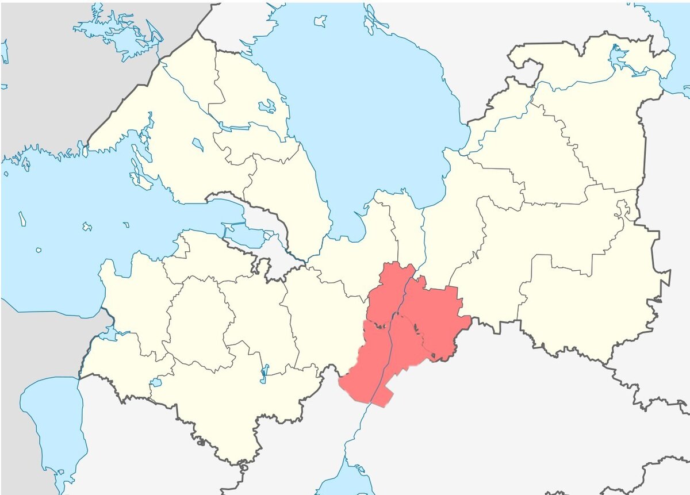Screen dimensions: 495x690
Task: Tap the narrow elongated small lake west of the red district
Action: tap(264, 373)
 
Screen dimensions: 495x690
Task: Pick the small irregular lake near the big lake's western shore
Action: tap(267, 106)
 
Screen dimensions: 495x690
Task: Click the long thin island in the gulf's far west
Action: tap(22, 218)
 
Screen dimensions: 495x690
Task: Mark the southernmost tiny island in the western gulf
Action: tap(38, 250)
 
